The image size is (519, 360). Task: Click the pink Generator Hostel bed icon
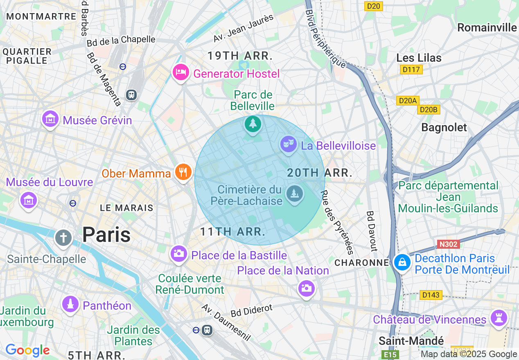tap(181, 73)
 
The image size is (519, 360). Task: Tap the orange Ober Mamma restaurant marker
tap(183, 172)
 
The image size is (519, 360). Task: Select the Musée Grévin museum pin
tap(50, 119)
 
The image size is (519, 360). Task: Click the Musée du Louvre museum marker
tap(29, 200)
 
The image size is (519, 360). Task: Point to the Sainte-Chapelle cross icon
tap(63, 238)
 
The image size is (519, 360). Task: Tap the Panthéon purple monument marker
tap(70, 304)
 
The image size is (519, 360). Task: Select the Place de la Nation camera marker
tap(306, 289)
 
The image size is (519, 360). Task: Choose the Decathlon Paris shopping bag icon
tap(402, 263)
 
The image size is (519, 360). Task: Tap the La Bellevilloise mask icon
tap(289, 144)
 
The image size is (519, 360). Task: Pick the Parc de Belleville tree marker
tap(253, 124)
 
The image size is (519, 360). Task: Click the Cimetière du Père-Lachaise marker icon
tap(294, 193)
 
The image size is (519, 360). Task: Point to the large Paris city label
tap(106, 235)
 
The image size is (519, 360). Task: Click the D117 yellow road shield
tap(411, 70)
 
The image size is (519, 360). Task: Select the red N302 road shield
tap(448, 244)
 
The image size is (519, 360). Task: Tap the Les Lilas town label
tap(419, 58)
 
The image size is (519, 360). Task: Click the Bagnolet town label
tap(444, 128)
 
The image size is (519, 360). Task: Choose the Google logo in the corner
tap(27, 350)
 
